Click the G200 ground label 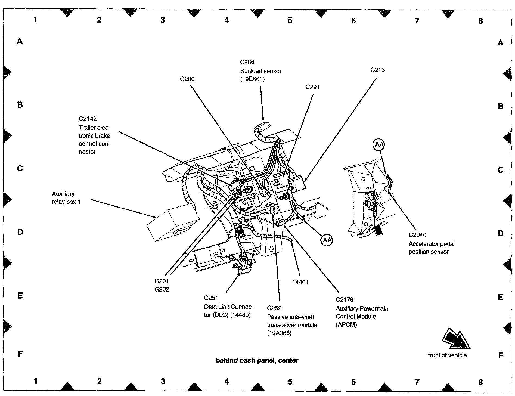coord(187,79)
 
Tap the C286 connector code coord(247,62)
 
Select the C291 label coord(312,87)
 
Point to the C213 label coord(377,70)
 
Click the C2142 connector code coord(88,119)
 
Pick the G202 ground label coord(162,289)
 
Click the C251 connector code coord(211,298)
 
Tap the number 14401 coord(300,282)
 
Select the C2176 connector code coord(345,300)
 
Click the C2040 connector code coord(417,235)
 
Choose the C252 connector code coord(274,308)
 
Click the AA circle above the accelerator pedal coord(379,145)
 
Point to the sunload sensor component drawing coord(262,127)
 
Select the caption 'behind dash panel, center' coord(257,361)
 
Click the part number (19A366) coord(279,333)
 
